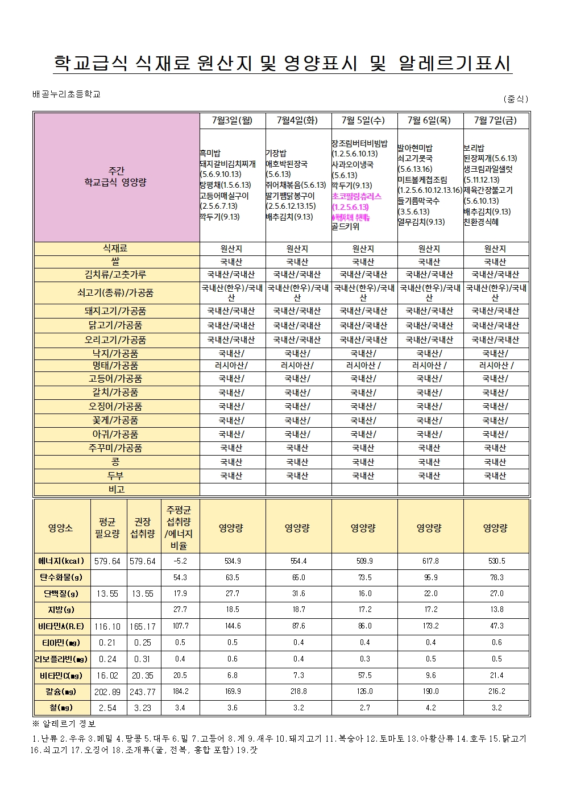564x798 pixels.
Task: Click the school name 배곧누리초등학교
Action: pyautogui.click(x=67, y=94)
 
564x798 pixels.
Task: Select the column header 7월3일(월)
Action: pyautogui.click(x=231, y=120)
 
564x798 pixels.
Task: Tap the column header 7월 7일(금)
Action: pyautogui.click(x=495, y=120)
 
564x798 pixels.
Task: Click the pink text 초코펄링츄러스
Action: pyautogui.click(x=356, y=196)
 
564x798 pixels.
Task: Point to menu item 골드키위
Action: pyautogui.click(x=346, y=227)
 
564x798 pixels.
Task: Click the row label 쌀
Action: pyautogui.click(x=115, y=262)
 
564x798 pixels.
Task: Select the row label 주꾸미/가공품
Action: pyautogui.click(x=115, y=448)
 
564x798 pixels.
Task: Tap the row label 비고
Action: pyautogui.click(x=115, y=489)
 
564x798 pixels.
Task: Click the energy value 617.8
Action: pyautogui.click(x=430, y=561)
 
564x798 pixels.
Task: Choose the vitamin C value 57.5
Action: pyautogui.click(x=364, y=675)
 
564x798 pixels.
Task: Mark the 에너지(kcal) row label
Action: pyautogui.click(x=60, y=561)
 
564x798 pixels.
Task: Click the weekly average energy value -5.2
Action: pyautogui.click(x=180, y=561)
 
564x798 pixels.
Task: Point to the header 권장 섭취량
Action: pyautogui.click(x=143, y=527)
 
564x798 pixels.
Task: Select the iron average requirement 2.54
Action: pyautogui.click(x=107, y=708)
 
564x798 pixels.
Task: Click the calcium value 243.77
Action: pyautogui.click(x=143, y=692)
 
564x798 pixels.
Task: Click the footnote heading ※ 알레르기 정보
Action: pyautogui.click(x=64, y=724)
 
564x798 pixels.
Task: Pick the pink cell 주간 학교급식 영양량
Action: pyautogui.click(x=115, y=177)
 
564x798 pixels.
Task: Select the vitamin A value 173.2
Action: pyautogui.click(x=430, y=626)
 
